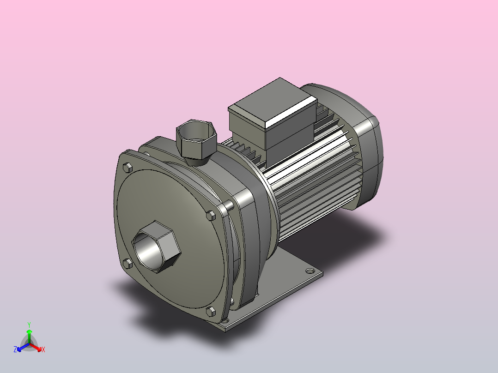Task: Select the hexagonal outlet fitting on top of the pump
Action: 196,142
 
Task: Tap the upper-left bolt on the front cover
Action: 128,167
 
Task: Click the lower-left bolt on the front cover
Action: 128,264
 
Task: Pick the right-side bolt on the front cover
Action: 211,216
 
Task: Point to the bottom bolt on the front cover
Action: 211,312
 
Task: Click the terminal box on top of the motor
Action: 273,121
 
